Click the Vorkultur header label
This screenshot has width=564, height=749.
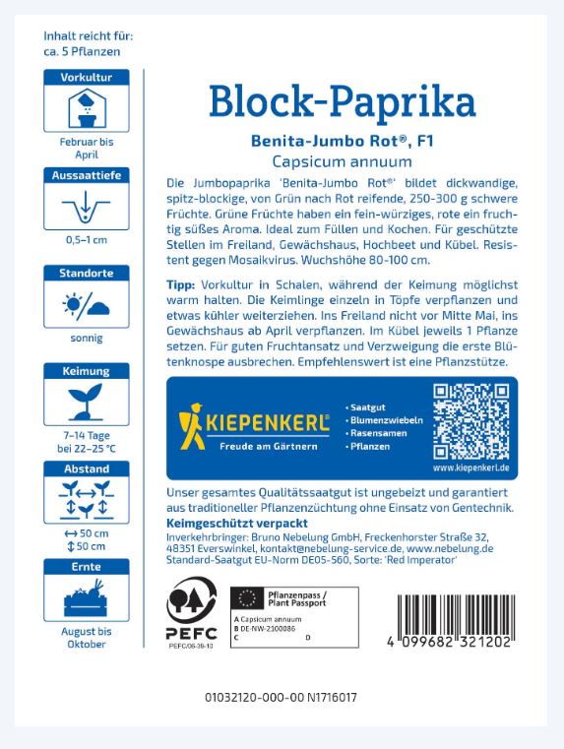pos(87,77)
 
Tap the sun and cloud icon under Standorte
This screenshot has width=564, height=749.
pos(87,307)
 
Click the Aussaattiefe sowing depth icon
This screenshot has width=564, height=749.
pos(87,209)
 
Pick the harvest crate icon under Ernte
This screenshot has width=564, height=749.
pos(87,596)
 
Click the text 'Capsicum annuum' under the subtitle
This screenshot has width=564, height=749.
pos(343,160)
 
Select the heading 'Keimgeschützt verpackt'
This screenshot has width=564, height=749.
pos(224,523)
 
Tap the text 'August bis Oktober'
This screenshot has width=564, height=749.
pos(87,638)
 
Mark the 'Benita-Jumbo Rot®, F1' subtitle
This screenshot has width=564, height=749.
pos(343,141)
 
